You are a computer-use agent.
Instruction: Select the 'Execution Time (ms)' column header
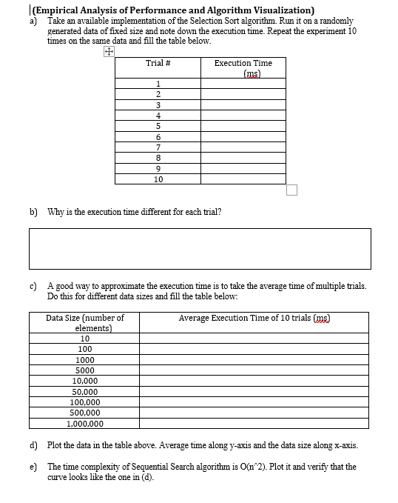point(243,68)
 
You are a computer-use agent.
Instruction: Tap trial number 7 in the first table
point(158,147)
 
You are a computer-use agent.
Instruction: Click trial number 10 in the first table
point(158,179)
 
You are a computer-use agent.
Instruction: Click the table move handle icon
point(108,53)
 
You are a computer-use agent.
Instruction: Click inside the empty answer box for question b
point(200,248)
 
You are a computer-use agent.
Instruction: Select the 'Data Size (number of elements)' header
point(85,322)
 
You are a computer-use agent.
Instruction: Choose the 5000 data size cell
point(85,370)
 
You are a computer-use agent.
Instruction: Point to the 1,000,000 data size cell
point(85,424)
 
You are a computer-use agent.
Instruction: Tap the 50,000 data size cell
point(85,392)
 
